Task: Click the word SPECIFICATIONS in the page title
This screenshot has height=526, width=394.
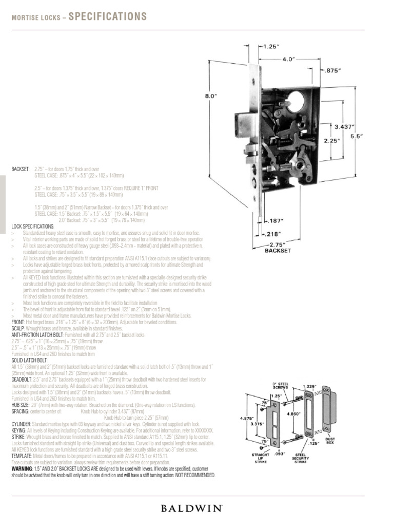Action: tap(108, 17)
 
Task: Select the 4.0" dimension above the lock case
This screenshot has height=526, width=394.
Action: tap(289, 59)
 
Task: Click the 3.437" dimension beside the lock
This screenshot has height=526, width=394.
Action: tap(344, 126)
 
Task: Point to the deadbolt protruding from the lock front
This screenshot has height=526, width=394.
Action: tap(242, 121)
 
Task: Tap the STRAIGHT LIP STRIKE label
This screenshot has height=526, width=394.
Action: tap(261, 458)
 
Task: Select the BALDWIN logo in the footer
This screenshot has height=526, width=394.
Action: tap(191, 509)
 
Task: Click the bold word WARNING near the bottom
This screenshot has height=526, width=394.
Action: tap(21, 469)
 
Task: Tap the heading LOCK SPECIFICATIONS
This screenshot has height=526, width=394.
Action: tap(32, 227)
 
